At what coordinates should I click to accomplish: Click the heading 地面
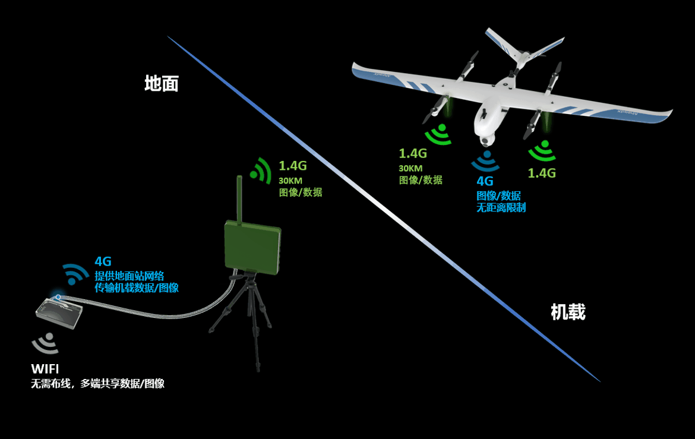click(162, 84)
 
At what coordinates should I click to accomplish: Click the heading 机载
click(568, 312)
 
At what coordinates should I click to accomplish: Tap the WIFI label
click(45, 369)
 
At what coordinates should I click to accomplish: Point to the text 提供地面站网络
click(129, 276)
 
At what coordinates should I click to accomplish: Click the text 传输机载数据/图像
click(137, 288)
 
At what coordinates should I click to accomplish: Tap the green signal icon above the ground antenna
click(260, 169)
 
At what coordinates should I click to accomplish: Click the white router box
click(59, 309)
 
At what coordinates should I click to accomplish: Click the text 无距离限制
click(501, 208)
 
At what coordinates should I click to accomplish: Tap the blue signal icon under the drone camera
click(485, 161)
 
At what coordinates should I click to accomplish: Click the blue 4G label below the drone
click(485, 182)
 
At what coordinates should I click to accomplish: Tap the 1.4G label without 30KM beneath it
click(542, 173)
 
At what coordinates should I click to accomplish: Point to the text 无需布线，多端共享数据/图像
click(97, 384)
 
